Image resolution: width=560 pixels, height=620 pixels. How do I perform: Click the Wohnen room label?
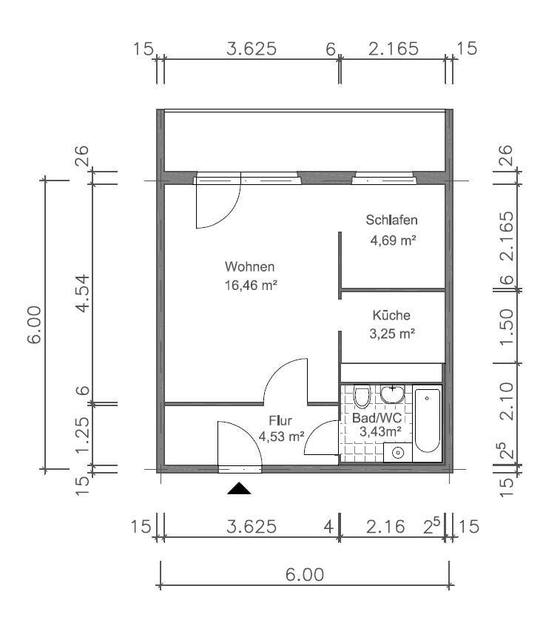point(249,266)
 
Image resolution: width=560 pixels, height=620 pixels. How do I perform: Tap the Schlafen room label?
point(391,220)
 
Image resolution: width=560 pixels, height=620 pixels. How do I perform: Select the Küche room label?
point(391,315)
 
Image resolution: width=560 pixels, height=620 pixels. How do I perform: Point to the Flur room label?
point(280,420)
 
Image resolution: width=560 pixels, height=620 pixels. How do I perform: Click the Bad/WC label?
point(377,417)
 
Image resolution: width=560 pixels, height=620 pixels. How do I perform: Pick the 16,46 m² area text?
point(251,285)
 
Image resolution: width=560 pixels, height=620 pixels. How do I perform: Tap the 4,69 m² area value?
point(393,240)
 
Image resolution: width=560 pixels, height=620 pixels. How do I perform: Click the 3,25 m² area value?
point(392,334)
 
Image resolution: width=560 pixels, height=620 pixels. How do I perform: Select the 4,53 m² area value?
point(281,437)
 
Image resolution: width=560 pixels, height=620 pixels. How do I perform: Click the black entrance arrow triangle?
point(239,489)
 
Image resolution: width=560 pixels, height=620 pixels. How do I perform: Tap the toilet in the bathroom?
point(362,396)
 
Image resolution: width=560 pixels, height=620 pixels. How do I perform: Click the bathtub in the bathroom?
point(427,421)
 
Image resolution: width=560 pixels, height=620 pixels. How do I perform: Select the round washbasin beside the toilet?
point(392,394)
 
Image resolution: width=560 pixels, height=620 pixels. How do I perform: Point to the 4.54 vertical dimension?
point(84,293)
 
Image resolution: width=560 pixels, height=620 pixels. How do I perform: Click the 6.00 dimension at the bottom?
point(305,574)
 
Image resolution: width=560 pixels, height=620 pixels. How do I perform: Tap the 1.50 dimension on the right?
point(507,326)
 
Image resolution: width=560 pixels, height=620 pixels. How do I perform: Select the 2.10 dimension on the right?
point(507,401)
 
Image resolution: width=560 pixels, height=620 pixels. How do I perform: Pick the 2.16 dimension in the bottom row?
point(385,527)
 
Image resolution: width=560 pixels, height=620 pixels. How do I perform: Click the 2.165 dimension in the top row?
point(394,49)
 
